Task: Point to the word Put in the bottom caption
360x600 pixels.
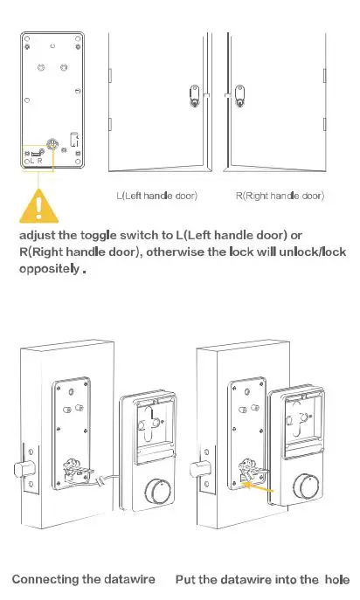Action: pos(186,580)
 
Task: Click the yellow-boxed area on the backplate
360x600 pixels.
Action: pos(38,156)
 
